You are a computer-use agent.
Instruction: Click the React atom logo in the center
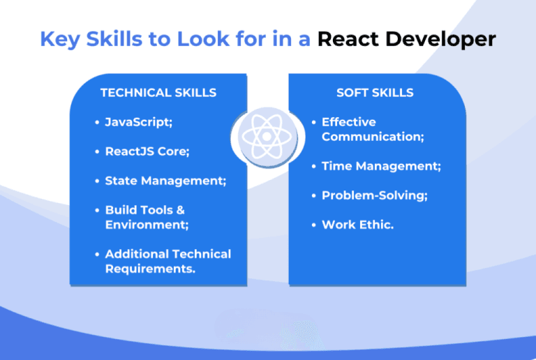point(268,136)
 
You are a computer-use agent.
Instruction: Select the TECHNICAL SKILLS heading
point(158,93)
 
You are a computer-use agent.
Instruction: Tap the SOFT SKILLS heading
point(375,93)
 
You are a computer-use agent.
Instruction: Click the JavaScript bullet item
point(138,122)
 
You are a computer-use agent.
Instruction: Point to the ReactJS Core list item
point(147,151)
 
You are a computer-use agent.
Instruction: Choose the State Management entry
point(165,181)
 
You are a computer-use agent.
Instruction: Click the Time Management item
point(381,166)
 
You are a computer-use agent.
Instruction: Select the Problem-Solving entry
point(374,195)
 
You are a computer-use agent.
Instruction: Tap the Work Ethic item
point(357,225)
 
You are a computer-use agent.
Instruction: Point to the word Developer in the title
point(440,38)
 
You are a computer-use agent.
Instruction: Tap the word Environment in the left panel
point(147,225)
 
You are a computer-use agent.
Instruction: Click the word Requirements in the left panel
point(150,269)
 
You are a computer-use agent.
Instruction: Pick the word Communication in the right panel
point(373,137)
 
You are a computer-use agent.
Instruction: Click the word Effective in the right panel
point(348,122)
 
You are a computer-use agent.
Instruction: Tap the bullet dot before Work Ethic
point(314,225)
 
